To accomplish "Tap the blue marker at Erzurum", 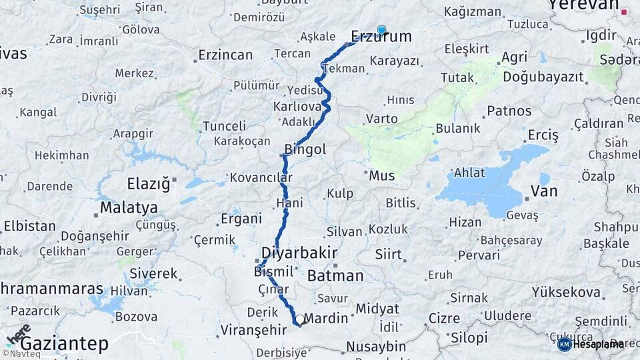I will coord(381,29).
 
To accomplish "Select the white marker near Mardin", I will coord(300,319).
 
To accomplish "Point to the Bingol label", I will coord(305,150).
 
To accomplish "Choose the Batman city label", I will coord(336,275).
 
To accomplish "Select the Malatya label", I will coord(129,208).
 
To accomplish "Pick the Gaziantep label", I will coord(64,344).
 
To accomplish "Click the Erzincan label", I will coord(225,55).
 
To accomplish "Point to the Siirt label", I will coord(389,254).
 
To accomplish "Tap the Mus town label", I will coord(382,176).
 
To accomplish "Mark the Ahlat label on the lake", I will coord(469,173).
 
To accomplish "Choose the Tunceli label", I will coord(225,126).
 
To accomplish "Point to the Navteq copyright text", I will coord(21,354).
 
